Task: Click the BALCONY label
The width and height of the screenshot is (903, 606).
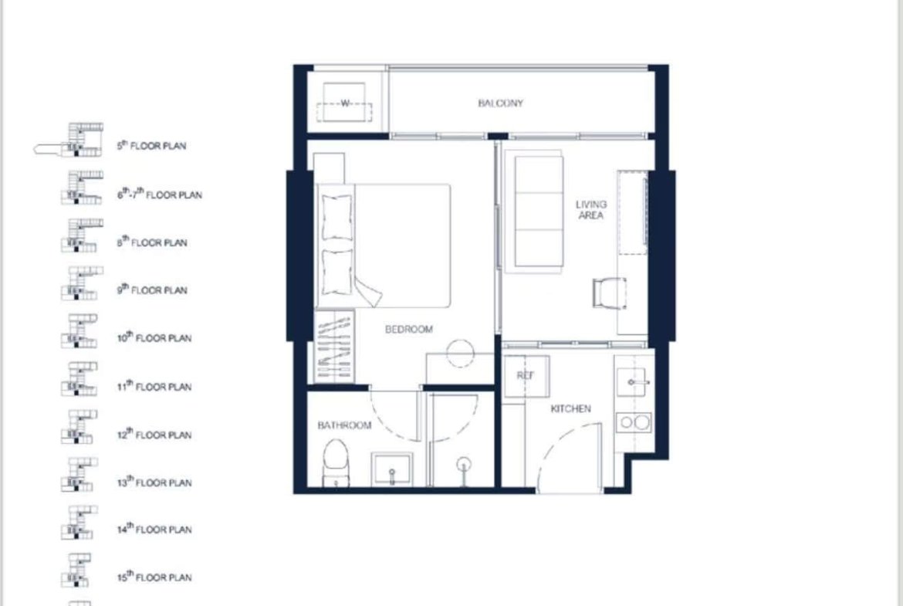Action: pos(500,103)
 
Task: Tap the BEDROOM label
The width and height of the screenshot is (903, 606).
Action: pos(409,329)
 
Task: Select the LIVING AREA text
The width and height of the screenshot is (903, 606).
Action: pos(591,210)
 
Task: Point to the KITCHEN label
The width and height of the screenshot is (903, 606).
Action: pos(570,408)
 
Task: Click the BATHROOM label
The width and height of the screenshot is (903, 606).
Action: pos(344,425)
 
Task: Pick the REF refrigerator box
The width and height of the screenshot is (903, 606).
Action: pos(526,376)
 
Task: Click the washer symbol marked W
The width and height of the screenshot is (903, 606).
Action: pos(344,103)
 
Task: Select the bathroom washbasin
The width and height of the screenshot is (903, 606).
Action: pos(391,469)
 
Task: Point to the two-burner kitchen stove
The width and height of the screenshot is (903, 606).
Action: pos(634,423)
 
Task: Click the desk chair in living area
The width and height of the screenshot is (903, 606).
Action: pos(609,293)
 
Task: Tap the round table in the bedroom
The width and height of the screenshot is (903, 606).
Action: pos(460,353)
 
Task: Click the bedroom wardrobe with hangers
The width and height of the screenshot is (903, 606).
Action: pos(334,347)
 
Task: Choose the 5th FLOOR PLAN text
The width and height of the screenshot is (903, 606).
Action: pos(151,146)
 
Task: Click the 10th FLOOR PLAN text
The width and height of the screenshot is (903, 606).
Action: pos(154,337)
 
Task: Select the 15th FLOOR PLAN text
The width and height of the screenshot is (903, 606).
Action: pos(154,577)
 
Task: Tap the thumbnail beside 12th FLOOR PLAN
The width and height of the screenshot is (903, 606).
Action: pos(79,427)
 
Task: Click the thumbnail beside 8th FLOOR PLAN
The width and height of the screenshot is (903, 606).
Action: pos(82,235)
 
